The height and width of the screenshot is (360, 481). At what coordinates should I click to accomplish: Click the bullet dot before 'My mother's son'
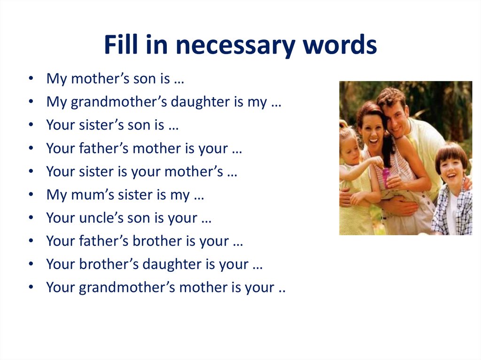[x=31, y=79]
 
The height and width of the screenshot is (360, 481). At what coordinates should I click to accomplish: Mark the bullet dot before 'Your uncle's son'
[x=31, y=218]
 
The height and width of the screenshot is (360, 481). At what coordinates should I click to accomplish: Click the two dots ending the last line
[x=282, y=288]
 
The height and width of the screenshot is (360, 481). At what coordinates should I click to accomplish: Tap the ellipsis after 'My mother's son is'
[x=178, y=80]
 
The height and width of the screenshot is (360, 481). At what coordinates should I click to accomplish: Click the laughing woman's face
[x=372, y=129]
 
